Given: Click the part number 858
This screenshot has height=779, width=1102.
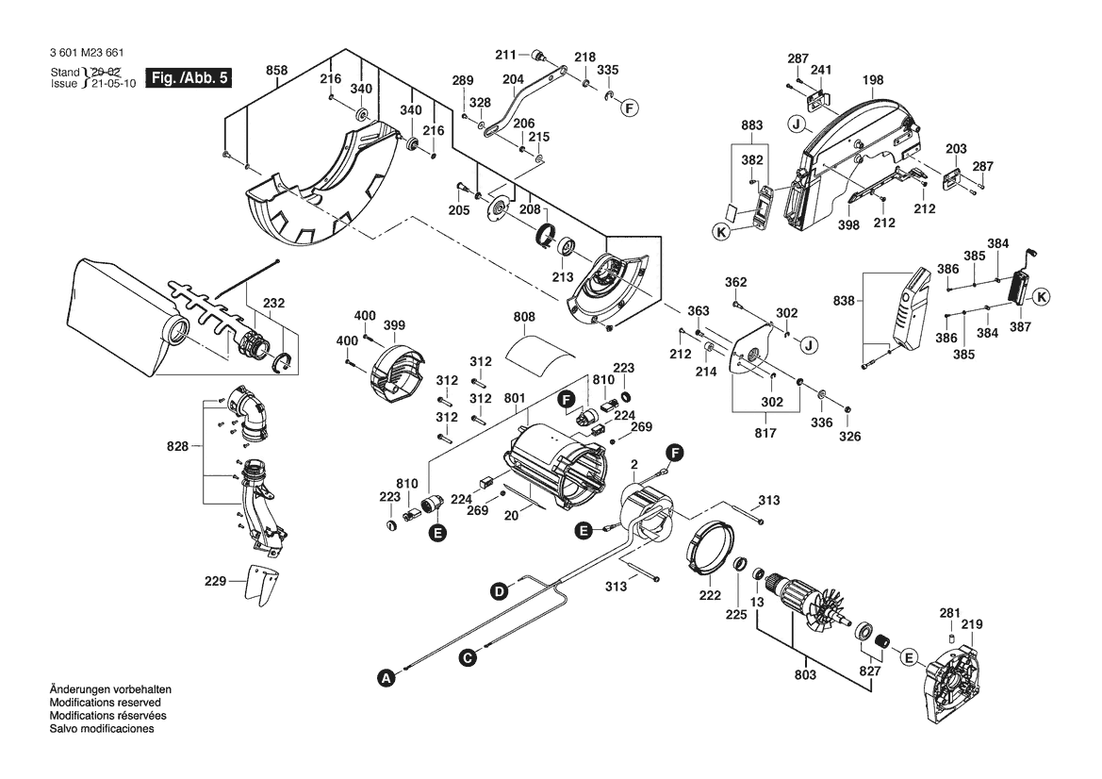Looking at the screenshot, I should [276, 70].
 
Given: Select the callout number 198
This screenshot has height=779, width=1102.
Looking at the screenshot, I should [872, 80].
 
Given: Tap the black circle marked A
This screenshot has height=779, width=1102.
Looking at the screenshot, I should [384, 676].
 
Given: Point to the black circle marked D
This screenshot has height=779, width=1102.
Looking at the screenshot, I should [498, 591].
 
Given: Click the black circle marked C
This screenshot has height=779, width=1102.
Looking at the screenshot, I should [467, 657].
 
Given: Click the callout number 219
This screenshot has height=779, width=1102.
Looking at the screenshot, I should [972, 624].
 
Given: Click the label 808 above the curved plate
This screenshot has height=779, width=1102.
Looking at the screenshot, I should [525, 317].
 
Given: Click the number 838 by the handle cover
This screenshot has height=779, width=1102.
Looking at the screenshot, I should [845, 301].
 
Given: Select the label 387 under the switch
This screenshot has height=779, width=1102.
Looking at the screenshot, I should [1019, 326].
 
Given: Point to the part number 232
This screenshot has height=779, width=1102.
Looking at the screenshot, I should [274, 304].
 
